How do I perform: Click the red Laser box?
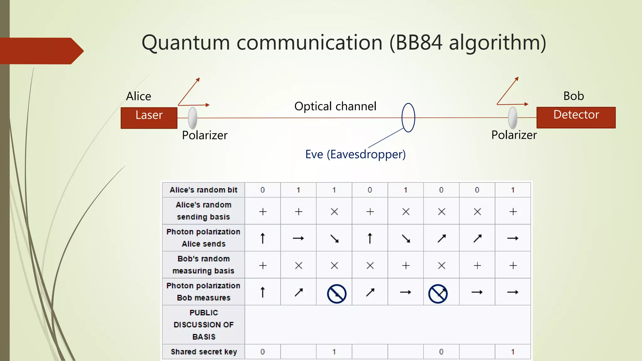(149, 118)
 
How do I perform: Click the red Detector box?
(576, 118)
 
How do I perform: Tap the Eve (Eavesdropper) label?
(355, 154)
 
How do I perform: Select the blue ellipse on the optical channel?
(408, 118)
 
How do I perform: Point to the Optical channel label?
(335, 106)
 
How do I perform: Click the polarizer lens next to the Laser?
(193, 118)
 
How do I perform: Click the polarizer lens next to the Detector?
(513, 118)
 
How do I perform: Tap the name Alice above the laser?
(139, 96)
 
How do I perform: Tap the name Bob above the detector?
(573, 96)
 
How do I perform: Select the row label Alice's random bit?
(203, 190)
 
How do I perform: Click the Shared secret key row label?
(203, 352)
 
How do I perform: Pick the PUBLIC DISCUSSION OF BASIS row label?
(203, 325)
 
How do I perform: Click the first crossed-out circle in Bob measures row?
(337, 294)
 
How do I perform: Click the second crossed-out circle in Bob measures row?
(438, 294)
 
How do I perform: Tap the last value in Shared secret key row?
(513, 352)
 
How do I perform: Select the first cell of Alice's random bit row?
(263, 190)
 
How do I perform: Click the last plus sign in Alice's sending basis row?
(513, 212)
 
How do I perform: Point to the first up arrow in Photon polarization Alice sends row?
(263, 238)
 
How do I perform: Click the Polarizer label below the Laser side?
(205, 135)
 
